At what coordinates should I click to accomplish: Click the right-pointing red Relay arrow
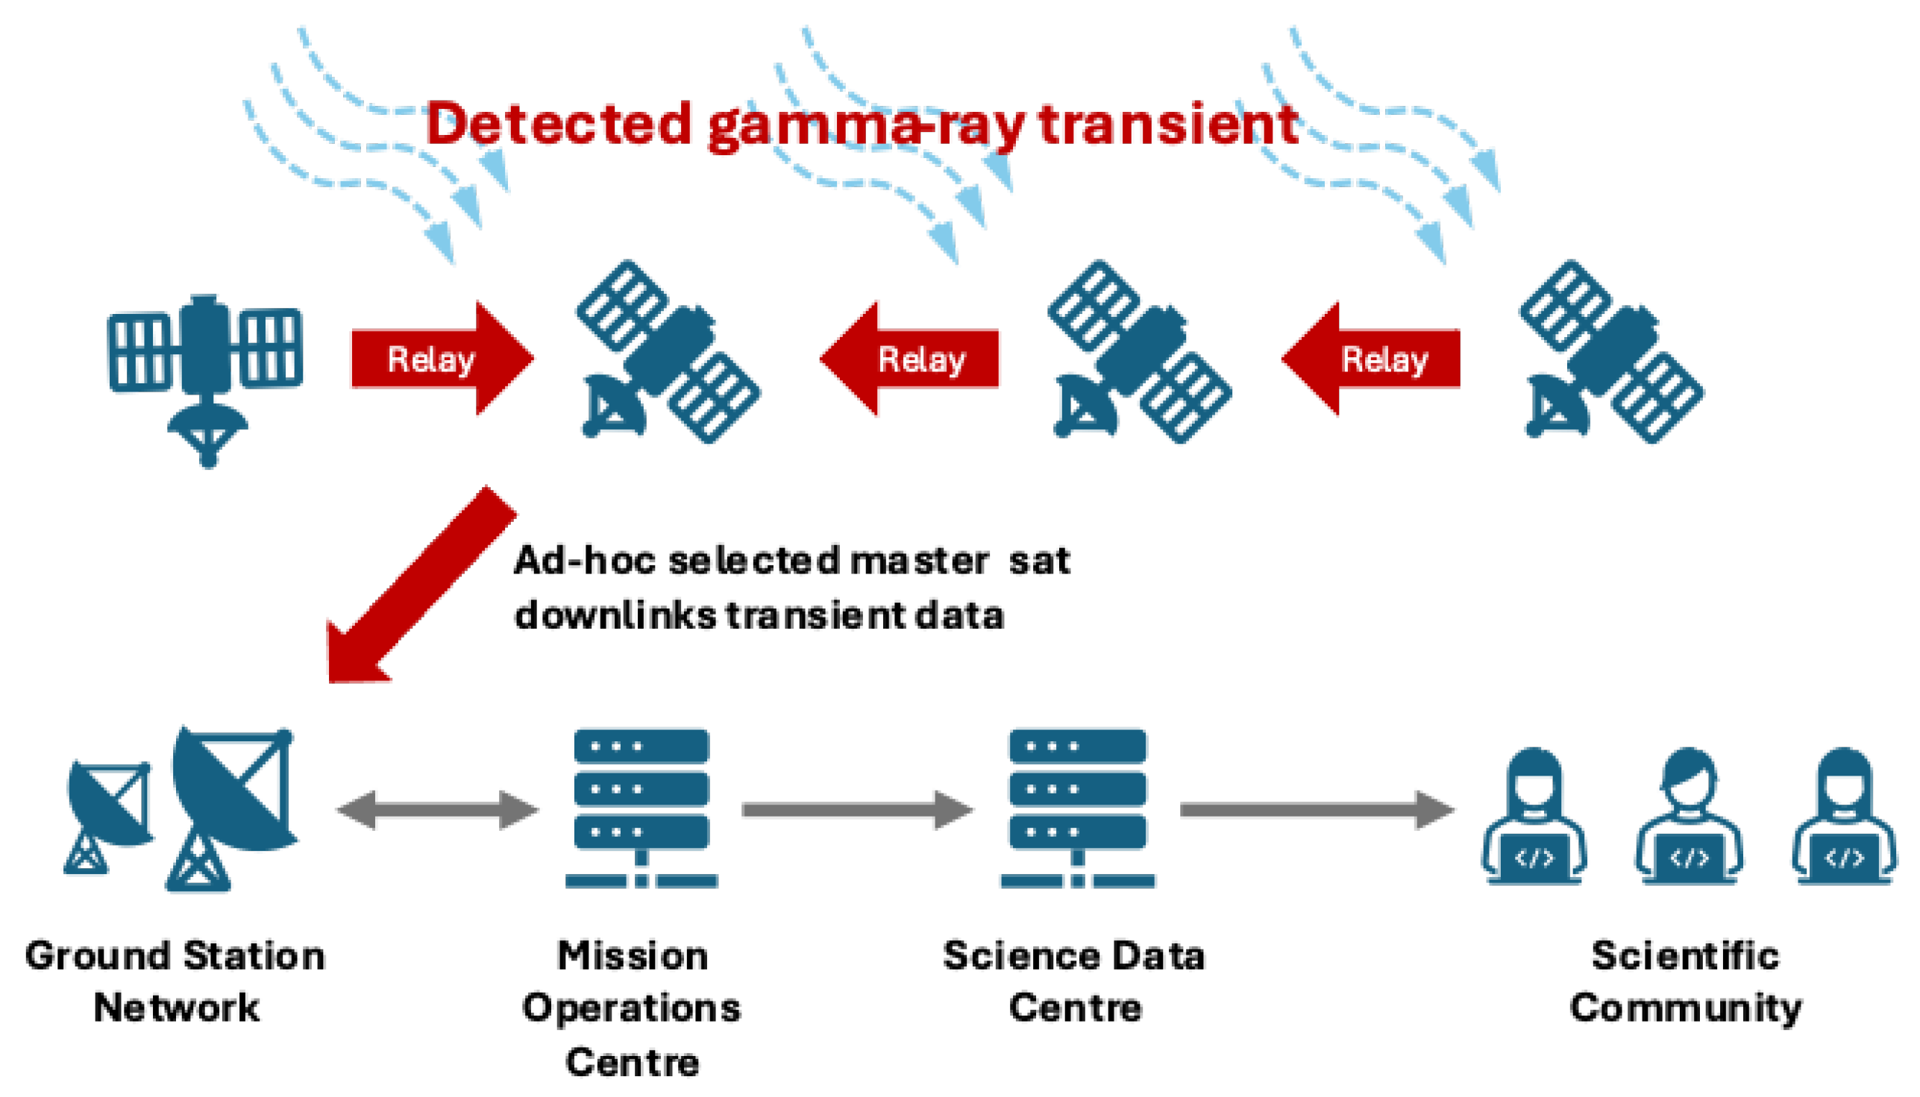click(x=441, y=359)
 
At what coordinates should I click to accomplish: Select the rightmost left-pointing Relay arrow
click(x=1372, y=359)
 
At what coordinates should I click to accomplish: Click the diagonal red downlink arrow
click(x=418, y=588)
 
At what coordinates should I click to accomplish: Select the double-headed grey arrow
click(x=438, y=810)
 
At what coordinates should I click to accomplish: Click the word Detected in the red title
click(x=559, y=124)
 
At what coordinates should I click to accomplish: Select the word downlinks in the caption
click(x=615, y=615)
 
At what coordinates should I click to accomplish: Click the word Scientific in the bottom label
click(x=1685, y=956)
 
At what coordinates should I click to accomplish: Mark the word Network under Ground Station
click(x=176, y=1008)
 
